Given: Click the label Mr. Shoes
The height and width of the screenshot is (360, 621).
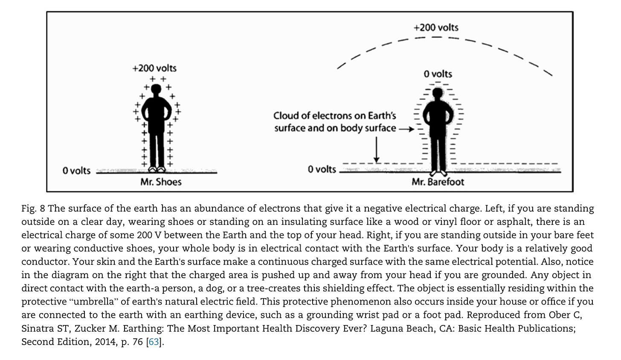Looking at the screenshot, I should coord(161,182).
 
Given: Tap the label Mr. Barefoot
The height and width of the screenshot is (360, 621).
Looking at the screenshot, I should coord(438,182).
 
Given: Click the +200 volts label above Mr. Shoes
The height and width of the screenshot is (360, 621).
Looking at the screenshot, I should coord(154,68).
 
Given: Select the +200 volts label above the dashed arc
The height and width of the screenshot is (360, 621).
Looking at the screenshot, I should coord(436,28).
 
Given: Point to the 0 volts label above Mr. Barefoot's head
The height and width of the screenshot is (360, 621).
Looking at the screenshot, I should coord(438,74).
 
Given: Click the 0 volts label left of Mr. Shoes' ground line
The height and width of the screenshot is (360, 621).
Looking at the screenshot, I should coord(76,171).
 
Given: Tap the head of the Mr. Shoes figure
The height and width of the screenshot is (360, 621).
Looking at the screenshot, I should coord(157,89).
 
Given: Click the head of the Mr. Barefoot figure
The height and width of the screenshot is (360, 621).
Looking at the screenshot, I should coord(437,93).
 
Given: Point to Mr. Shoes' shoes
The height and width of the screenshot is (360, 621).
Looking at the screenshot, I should coord(157,169).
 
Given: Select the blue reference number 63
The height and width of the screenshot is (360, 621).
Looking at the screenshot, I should coord(154,342).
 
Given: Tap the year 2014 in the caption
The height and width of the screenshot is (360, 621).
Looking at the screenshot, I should coord(101,342).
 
